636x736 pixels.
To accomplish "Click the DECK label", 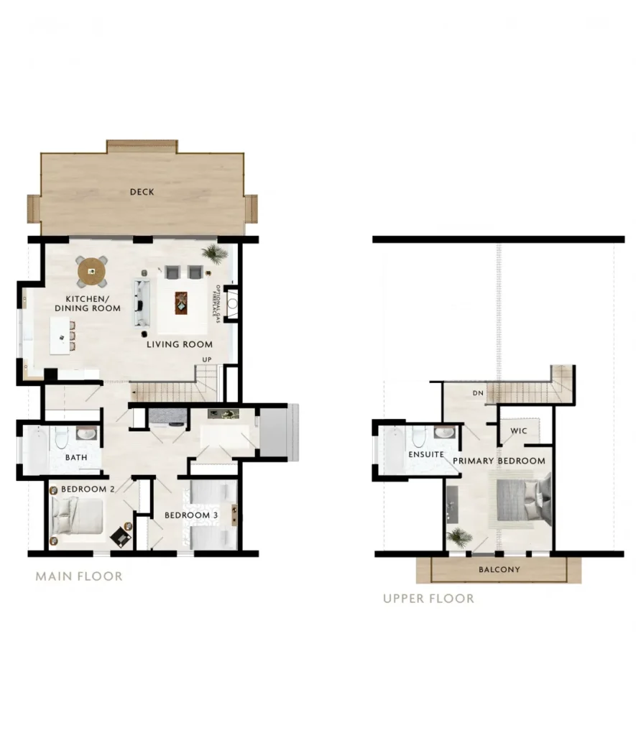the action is (x=142, y=191).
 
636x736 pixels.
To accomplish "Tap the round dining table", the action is (x=92, y=271).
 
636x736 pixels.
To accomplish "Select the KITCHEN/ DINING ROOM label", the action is (x=87, y=303).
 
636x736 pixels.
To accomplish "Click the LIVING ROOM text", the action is (x=179, y=344).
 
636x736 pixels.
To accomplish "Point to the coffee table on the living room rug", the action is (x=181, y=303).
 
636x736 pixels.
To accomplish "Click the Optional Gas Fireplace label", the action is (x=216, y=303).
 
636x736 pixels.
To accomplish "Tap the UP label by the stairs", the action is (x=207, y=359).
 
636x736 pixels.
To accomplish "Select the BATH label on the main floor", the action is (x=76, y=457).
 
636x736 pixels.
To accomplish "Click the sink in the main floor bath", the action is (x=86, y=433).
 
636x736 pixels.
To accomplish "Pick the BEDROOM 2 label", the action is (x=88, y=489).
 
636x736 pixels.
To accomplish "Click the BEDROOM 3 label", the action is (x=191, y=515).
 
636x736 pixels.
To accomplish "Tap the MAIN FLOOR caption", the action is (x=79, y=576).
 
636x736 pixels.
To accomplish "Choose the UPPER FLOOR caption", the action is (x=428, y=599).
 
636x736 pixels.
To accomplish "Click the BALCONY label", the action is (x=499, y=569).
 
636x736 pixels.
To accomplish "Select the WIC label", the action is (x=519, y=431).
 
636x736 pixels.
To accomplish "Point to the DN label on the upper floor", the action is (x=478, y=393).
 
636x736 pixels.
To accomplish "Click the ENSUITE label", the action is (x=426, y=454).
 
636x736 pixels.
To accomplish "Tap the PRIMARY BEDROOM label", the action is (x=499, y=461).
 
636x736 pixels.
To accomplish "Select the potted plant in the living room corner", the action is (x=215, y=252).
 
